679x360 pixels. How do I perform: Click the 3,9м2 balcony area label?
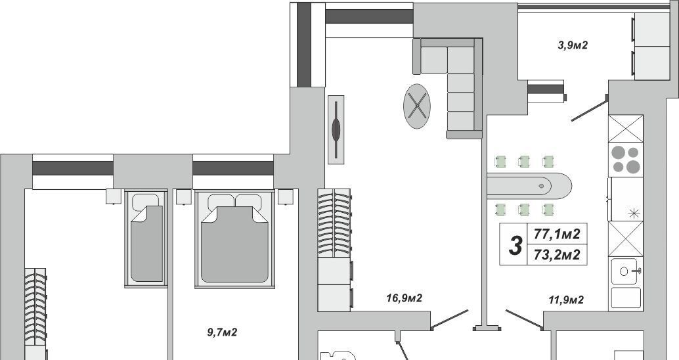tap(573, 45)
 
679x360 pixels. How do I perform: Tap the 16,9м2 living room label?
tap(404, 298)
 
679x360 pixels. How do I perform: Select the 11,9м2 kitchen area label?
tap(566, 300)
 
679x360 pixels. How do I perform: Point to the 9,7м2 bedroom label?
tap(222, 332)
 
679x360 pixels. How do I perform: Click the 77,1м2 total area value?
tap(557, 234)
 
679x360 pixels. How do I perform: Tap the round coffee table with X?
tap(417, 106)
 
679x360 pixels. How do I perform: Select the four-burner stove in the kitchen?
tap(626, 160)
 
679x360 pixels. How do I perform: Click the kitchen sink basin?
tap(624, 271)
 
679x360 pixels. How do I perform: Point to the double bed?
tap(235, 239)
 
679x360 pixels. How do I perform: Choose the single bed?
tap(146, 239)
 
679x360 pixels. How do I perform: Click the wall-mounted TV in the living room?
tap(336, 129)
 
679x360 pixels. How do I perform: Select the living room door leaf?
tap(449, 320)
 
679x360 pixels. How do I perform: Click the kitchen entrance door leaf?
tap(525, 320)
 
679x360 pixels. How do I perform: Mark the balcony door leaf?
tap(589, 109)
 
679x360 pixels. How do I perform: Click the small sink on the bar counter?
tap(541, 186)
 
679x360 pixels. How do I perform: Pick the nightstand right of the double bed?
tap(286, 196)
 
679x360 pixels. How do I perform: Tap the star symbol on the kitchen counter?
tap(634, 213)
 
